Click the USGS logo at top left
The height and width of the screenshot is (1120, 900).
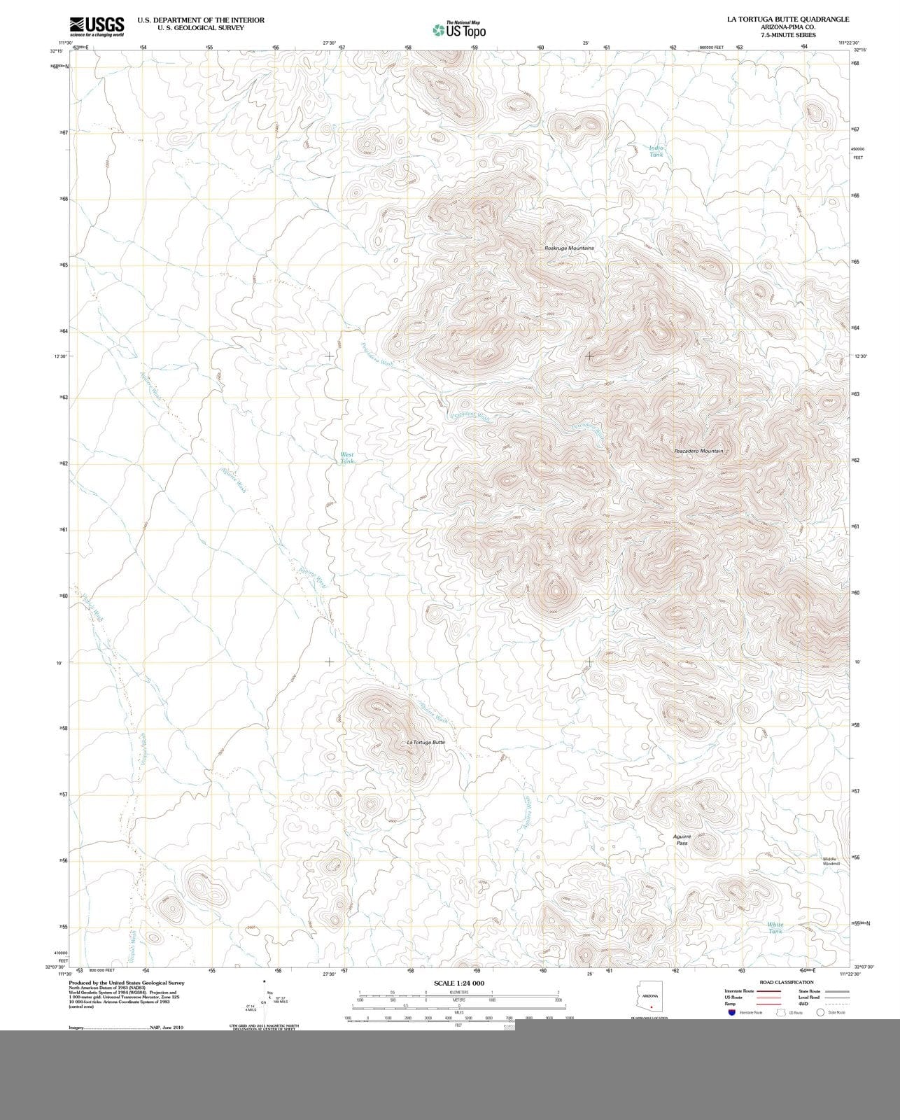97,26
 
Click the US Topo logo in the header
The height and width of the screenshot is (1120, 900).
459,30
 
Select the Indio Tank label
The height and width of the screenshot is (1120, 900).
656,150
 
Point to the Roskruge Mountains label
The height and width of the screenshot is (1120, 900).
569,248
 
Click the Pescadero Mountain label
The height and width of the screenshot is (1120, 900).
698,451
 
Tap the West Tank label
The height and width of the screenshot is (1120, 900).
347,458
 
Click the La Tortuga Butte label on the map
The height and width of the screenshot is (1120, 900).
426,742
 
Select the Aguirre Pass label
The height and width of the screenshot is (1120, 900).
682,839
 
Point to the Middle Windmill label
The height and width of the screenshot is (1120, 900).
831,861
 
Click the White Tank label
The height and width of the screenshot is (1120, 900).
775,927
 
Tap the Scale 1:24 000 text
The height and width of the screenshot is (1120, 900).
458,983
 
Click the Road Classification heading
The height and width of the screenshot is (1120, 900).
787,982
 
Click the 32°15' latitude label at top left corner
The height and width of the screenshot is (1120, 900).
57,50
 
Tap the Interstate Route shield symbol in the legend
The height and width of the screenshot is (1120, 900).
731,1012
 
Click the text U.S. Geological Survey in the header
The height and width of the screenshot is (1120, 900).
201,28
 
